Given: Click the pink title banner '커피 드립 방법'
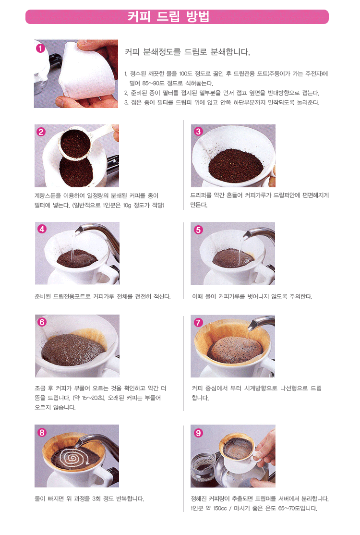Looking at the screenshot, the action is pos(177,17).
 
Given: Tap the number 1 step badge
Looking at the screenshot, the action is pos(40,48).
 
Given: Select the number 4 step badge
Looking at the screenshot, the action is pos(42,229).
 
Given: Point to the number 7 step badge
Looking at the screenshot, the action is pos(198,322).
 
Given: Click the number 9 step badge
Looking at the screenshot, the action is pos(198,433).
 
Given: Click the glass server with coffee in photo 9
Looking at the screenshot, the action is pos(204,469).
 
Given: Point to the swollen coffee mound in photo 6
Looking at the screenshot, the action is pos(74,350).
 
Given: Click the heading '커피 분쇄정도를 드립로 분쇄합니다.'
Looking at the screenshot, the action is pos(188,52).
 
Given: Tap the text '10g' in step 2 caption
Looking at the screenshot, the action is pos(127,206).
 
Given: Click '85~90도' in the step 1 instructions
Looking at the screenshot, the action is pos(153,83).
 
